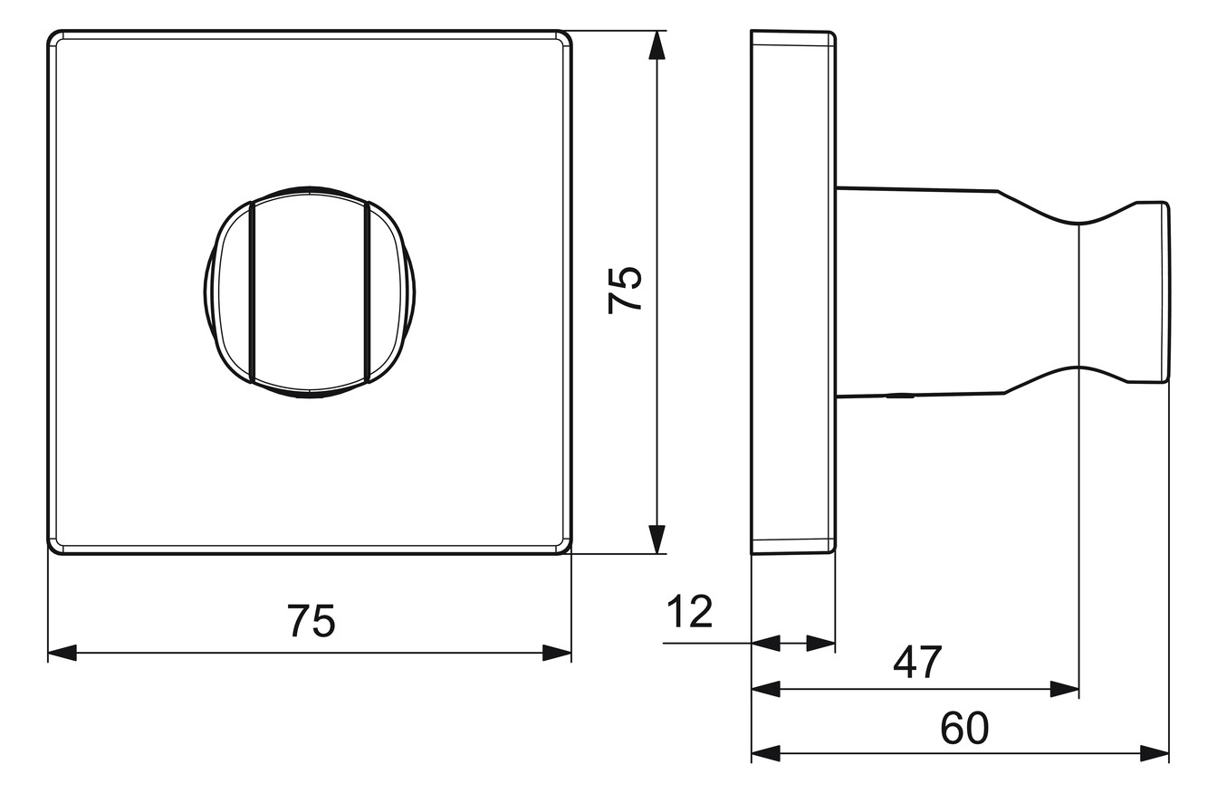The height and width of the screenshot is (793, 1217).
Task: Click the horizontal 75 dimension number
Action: [x=311, y=621]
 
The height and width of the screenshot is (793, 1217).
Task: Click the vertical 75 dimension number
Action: [x=625, y=290]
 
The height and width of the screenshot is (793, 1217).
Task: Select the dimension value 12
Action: [x=689, y=611]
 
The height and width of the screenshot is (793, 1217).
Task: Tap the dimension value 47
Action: [x=917, y=662]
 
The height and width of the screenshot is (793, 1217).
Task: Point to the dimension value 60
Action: [x=964, y=729]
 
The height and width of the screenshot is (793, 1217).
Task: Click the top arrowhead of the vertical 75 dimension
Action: [x=657, y=44]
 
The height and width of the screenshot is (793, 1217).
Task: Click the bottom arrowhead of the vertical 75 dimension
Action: [x=657, y=540]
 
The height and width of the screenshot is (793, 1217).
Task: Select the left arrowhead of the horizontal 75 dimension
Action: [x=62, y=653]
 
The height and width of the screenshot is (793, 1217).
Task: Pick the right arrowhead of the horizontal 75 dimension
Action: [x=557, y=653]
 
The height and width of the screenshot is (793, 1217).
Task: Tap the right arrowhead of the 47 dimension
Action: [x=1065, y=689]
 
